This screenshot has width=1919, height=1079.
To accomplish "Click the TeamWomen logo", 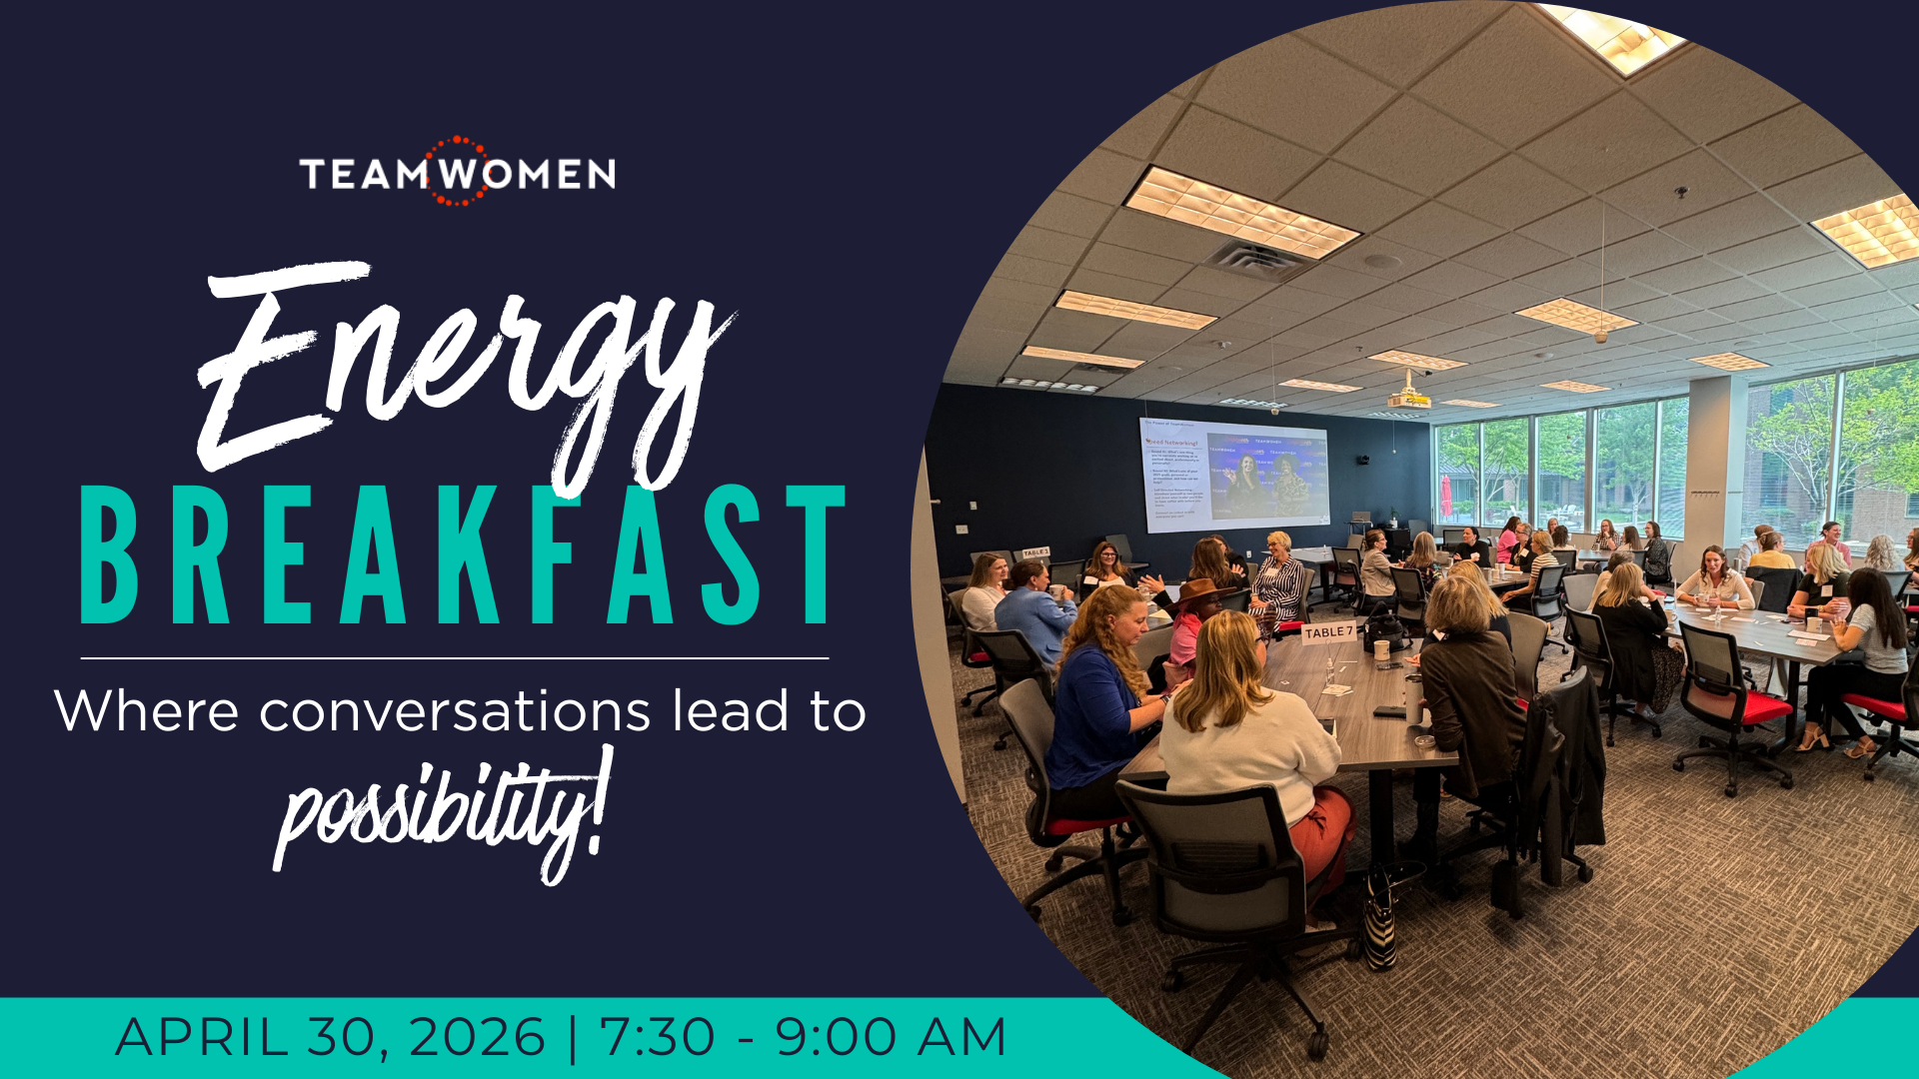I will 457,173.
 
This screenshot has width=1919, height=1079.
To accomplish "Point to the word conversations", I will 455,711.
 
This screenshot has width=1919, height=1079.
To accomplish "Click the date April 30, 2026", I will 330,1037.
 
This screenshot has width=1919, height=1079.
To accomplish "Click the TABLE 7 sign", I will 1328,632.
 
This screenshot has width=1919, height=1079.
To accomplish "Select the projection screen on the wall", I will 1235,475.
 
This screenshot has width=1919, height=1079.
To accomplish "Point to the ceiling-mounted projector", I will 1409,398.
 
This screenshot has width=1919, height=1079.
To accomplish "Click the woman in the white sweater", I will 1249,729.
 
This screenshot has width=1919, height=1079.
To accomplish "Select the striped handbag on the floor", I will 1380,919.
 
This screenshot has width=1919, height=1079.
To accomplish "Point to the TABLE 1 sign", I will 1035,552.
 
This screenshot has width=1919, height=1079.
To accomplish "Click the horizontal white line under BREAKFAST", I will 455,658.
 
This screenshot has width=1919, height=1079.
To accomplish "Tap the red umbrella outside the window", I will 1445,497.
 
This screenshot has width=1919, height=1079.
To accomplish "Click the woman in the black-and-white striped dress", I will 1277,584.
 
